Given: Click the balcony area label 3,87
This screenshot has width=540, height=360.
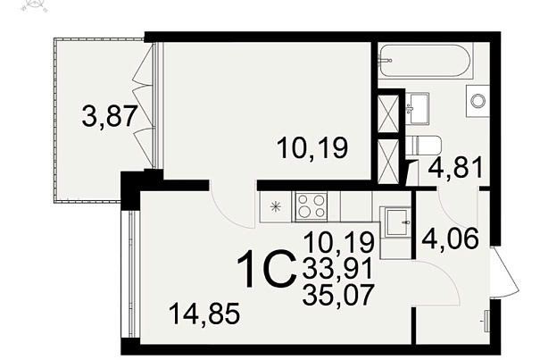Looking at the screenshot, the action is point(110,116).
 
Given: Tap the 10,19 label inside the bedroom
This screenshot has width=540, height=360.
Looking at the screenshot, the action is point(312,147).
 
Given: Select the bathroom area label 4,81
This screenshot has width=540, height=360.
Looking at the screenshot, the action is point(455,168).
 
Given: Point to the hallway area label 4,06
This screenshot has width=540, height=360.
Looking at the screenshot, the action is point(450,239).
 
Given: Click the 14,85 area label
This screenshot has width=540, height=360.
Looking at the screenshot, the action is point(204,314).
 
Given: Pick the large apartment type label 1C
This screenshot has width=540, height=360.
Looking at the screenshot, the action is point(267,269).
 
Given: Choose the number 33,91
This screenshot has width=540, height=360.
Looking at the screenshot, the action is point(338,269).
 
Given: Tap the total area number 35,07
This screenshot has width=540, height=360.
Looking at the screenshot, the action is point(338,295).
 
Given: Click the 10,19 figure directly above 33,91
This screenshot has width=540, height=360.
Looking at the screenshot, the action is point(339,242).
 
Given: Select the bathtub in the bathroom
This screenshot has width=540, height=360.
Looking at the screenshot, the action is point(425,61).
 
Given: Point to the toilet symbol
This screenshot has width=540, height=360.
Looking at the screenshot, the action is point(423,147).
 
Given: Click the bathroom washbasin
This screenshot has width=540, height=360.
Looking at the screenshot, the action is point(418,107).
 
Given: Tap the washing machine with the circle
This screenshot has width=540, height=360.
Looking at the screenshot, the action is point(478,101).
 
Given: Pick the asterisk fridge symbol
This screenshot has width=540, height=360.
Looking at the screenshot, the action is point(276,207).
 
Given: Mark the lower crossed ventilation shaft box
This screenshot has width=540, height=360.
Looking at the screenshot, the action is point(388,160).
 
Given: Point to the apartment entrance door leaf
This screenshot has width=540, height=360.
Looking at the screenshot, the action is point(505,271).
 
